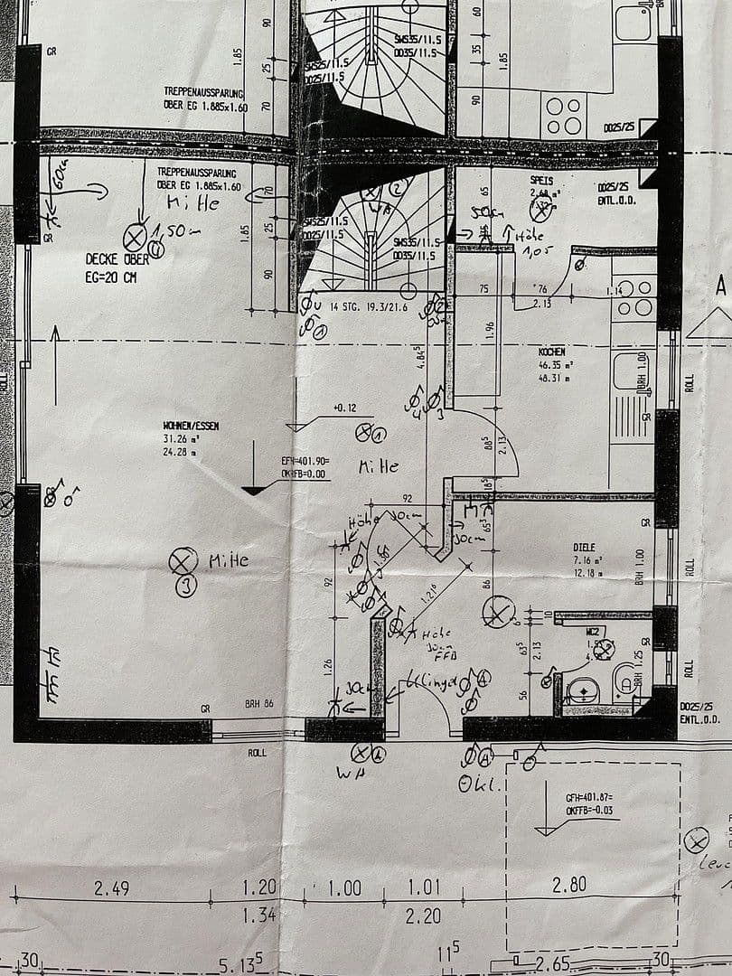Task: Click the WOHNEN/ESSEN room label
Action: (x=191, y=425)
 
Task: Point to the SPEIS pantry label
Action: (x=541, y=181)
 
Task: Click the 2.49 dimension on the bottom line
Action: (x=112, y=888)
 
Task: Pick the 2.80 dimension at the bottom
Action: (x=569, y=886)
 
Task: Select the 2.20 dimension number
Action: (x=423, y=916)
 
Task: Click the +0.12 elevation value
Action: (x=344, y=408)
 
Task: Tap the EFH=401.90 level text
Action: (x=305, y=461)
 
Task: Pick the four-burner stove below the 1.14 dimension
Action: (x=633, y=298)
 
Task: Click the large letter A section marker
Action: (x=721, y=287)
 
